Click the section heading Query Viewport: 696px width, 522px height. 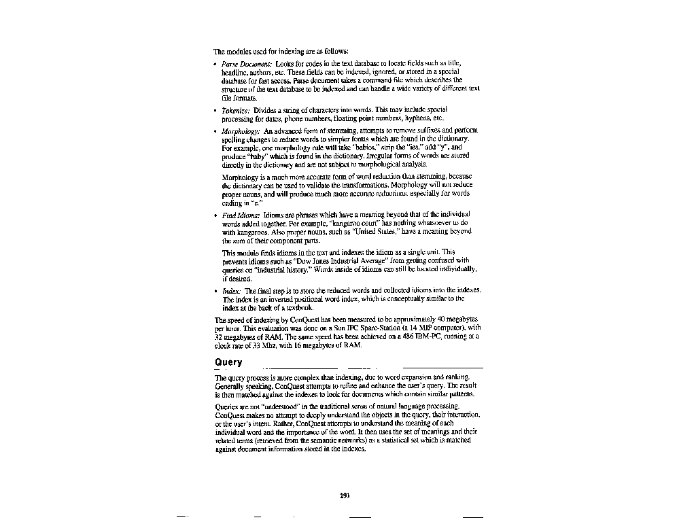[x=228, y=362]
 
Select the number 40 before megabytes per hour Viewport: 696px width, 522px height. [x=442, y=319]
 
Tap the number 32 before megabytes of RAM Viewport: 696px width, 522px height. [x=219, y=336]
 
